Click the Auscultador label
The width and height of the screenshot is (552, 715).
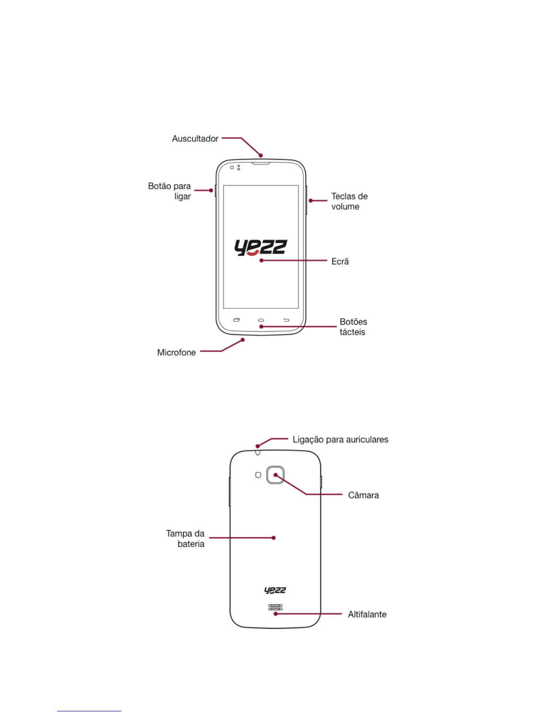point(195,139)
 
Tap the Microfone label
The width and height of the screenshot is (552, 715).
point(176,353)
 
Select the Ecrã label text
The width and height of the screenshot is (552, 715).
point(340,261)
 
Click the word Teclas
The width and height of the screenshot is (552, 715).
point(343,196)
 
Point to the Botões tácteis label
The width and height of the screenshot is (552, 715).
point(353,327)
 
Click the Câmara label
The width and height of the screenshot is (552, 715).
point(363,495)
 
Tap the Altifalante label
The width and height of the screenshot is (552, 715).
point(367,614)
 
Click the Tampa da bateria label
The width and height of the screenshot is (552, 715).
point(185,539)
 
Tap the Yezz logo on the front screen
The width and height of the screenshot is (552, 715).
point(260,247)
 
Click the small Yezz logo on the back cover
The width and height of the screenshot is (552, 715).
point(275,590)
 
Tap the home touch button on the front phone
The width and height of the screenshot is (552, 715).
point(261,320)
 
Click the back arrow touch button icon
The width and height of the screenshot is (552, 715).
point(286,320)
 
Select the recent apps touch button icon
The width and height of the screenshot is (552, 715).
point(236,320)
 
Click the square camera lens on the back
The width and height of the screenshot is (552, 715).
point(275,475)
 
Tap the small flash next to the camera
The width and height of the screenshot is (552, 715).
point(258,475)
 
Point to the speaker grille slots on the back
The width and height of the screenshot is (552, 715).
point(275,607)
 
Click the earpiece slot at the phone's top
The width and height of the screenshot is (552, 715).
point(261,163)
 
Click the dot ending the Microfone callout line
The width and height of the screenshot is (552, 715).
point(243,340)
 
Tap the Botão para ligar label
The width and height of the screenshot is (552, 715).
point(170,191)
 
